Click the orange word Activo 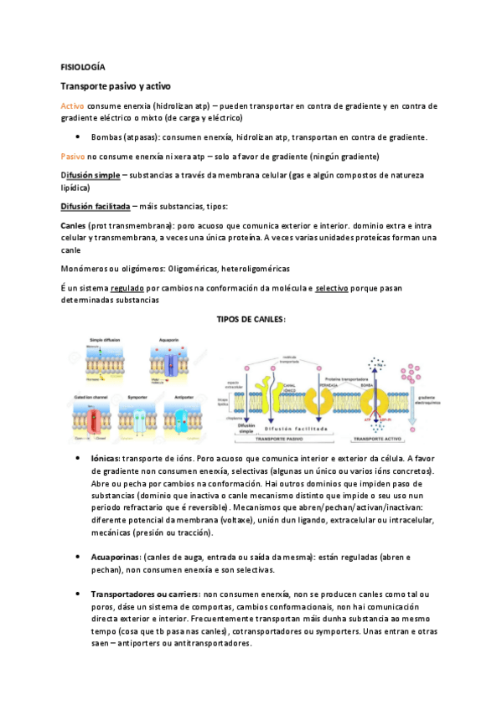tap(73, 105)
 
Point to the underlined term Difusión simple tap(90, 175)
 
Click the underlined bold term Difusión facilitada tap(95, 206)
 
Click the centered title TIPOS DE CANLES tap(251, 319)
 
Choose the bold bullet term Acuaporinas tap(116, 557)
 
